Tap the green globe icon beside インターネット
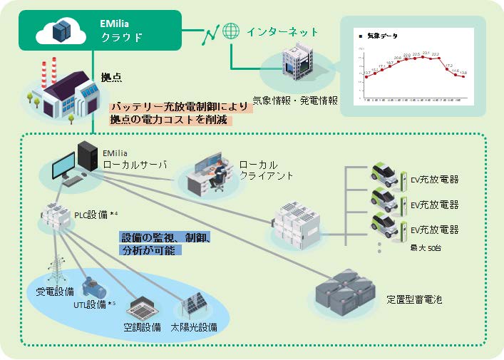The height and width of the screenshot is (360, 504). [230, 32]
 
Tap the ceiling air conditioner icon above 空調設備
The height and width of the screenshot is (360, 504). [140, 309]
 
